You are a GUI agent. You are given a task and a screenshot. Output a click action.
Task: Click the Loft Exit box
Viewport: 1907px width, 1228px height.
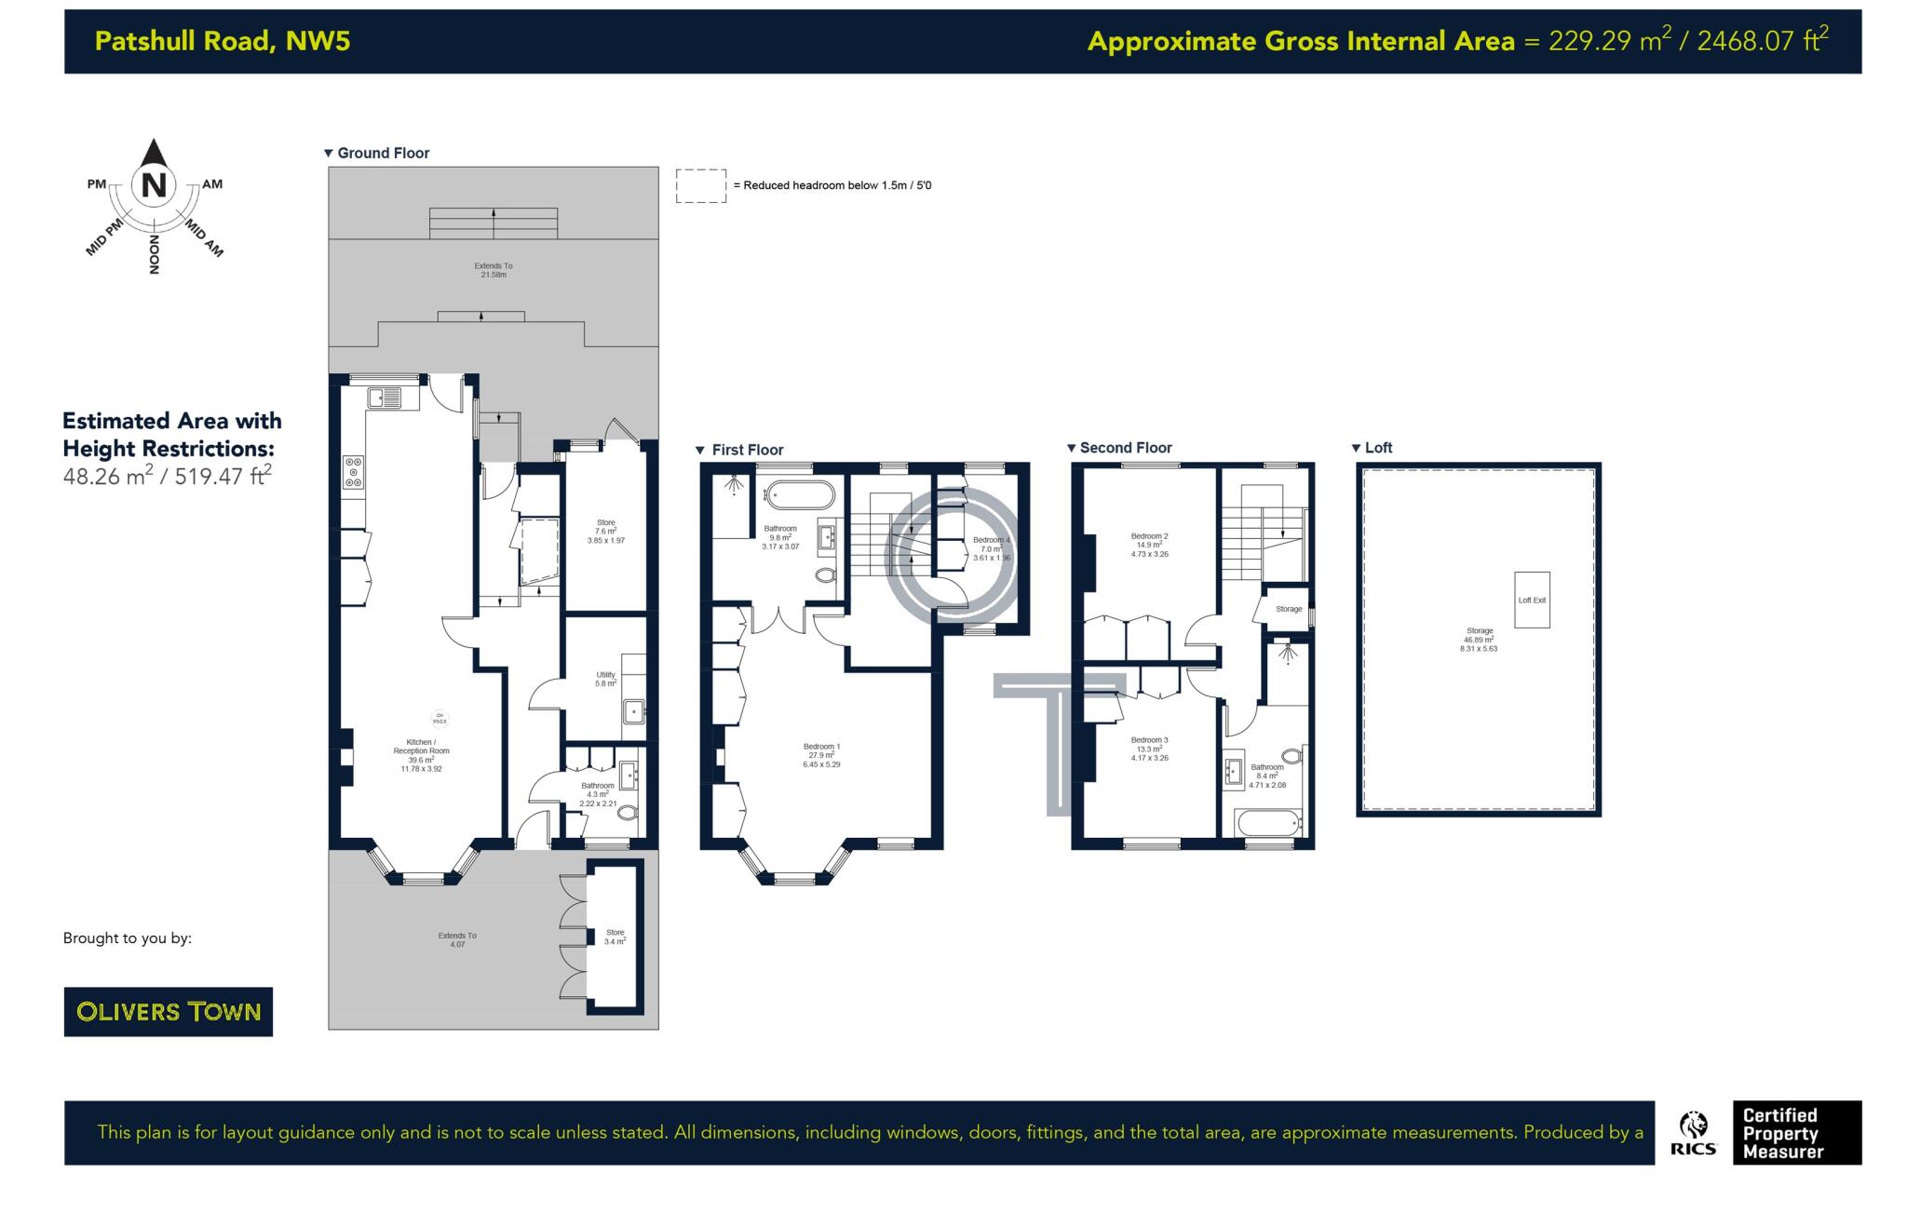click(1531, 600)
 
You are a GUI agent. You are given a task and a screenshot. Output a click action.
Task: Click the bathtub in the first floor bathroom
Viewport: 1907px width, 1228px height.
click(800, 493)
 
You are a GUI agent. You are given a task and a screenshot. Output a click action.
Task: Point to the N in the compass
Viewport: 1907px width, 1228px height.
click(154, 185)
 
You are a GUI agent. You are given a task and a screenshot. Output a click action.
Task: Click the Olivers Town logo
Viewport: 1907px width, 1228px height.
click(169, 1011)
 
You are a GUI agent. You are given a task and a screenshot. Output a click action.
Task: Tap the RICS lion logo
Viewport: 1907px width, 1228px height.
click(1693, 1131)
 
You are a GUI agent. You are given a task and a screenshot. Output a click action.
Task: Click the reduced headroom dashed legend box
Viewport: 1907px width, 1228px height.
click(700, 185)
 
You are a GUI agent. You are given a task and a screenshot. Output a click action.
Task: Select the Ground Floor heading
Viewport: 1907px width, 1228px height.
click(383, 153)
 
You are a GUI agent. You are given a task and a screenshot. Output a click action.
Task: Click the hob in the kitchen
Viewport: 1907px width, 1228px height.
click(353, 471)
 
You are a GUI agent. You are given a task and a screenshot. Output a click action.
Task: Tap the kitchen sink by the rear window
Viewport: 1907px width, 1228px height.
click(385, 398)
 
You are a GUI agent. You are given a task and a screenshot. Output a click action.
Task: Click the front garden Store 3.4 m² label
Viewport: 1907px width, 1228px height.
click(615, 936)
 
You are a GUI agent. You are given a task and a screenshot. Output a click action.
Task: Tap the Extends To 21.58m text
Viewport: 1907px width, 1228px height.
click(493, 270)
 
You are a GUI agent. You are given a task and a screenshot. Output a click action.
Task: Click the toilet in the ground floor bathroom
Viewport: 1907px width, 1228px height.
click(628, 813)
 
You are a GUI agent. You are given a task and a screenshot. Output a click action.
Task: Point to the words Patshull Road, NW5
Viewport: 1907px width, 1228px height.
click(223, 41)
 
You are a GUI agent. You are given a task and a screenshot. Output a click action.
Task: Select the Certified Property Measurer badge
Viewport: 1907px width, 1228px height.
click(1795, 1132)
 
